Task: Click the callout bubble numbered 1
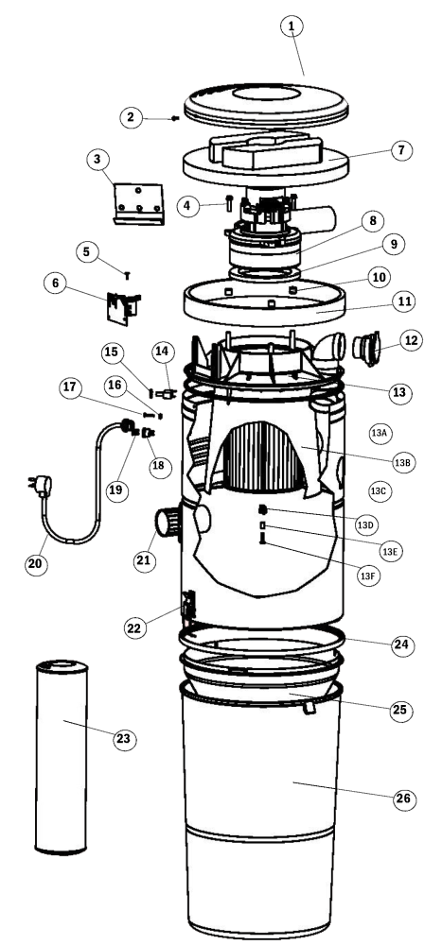(292, 26)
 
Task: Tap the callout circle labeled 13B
(402, 462)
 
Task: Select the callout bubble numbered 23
(124, 739)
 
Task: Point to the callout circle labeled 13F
(368, 576)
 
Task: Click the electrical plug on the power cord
(42, 485)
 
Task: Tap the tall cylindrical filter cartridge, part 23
(62, 757)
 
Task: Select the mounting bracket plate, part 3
(139, 204)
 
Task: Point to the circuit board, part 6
(123, 307)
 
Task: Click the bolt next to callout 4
(229, 204)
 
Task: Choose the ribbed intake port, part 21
(169, 523)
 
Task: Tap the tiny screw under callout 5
(128, 275)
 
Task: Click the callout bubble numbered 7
(401, 149)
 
